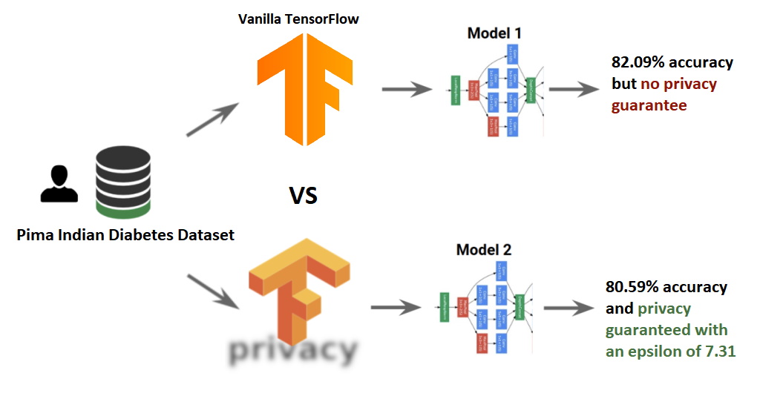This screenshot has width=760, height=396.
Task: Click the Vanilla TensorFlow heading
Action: pyautogui.click(x=298, y=19)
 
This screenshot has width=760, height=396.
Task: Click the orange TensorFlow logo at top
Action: pyautogui.click(x=303, y=89)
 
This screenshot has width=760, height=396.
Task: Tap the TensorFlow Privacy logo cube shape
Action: pyautogui.click(x=297, y=286)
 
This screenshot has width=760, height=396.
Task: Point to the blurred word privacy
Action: pyautogui.click(x=292, y=349)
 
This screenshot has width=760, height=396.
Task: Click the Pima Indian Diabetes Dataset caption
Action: pyautogui.click(x=125, y=236)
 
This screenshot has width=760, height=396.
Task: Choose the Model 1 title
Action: pyautogui.click(x=495, y=33)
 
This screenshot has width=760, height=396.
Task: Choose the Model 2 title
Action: pyautogui.click(x=483, y=250)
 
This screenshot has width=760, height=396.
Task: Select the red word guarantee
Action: pyautogui.click(x=649, y=105)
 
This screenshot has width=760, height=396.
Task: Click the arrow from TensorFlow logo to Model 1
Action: pyautogui.click(x=407, y=90)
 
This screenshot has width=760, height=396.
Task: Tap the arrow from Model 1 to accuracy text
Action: pyautogui.click(x=574, y=90)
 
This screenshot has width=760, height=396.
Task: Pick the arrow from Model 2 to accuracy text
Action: pyautogui.click(x=568, y=308)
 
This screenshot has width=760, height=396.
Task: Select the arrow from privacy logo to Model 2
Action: pyautogui.click(x=396, y=307)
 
